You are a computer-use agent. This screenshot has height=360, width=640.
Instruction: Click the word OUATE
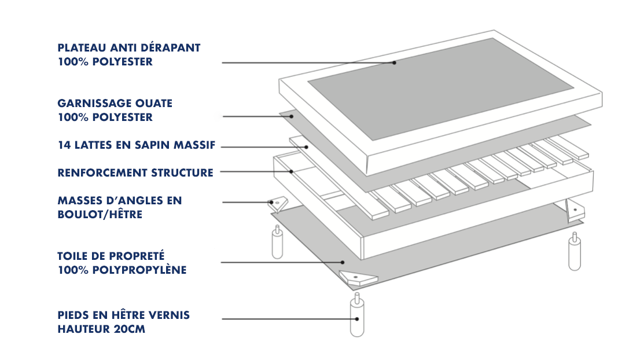[155, 104]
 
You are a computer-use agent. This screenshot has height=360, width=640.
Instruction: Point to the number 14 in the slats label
[63, 145]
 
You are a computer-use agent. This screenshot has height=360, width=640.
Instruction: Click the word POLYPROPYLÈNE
[139, 270]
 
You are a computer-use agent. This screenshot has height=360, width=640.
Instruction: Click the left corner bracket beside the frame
[278, 204]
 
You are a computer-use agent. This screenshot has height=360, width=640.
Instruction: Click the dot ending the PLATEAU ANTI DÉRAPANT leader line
[395, 63]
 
